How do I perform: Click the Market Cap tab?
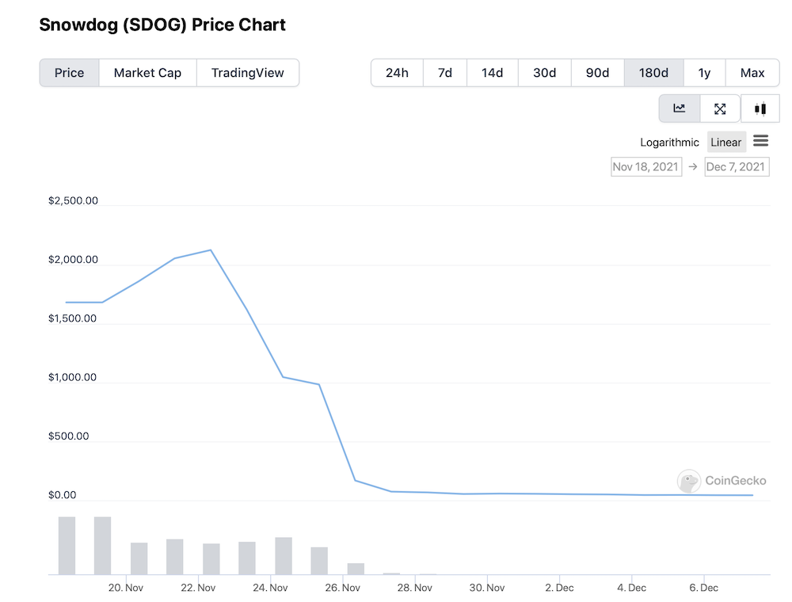pyautogui.click(x=147, y=73)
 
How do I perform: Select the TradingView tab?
pyautogui.click(x=247, y=73)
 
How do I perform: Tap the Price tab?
pyautogui.click(x=69, y=73)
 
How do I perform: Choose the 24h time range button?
pyautogui.click(x=397, y=73)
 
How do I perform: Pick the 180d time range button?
pyautogui.click(x=653, y=73)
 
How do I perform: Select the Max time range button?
pyautogui.click(x=752, y=73)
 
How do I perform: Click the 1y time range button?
pyautogui.click(x=705, y=73)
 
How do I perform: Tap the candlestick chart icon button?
pyautogui.click(x=760, y=109)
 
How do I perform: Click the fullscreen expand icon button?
pyautogui.click(x=720, y=109)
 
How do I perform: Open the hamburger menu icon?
pyautogui.click(x=760, y=141)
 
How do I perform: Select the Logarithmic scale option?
pyautogui.click(x=669, y=143)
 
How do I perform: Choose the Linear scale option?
pyautogui.click(x=725, y=143)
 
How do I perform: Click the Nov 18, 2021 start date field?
pyautogui.click(x=646, y=166)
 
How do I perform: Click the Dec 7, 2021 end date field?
pyautogui.click(x=737, y=166)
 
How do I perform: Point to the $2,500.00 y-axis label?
pyautogui.click(x=73, y=200)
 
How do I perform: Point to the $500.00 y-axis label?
pyautogui.click(x=68, y=436)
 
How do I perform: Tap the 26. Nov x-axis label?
pyautogui.click(x=342, y=588)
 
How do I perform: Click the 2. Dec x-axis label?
pyautogui.click(x=559, y=588)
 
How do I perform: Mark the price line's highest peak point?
pyautogui.click(x=211, y=250)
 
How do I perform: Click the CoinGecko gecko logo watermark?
pyautogui.click(x=689, y=481)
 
